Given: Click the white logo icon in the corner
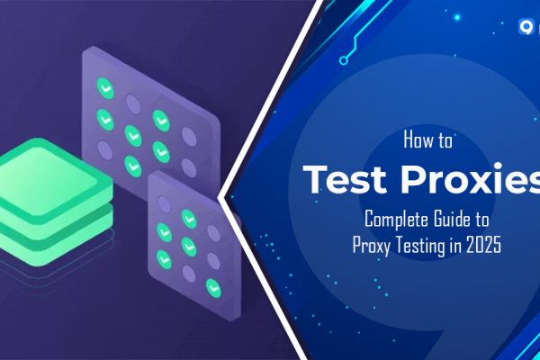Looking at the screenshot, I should (527, 26).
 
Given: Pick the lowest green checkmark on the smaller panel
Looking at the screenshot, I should (213, 286).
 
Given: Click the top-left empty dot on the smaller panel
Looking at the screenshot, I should (163, 193).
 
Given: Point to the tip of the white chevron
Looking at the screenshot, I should (222, 192).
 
